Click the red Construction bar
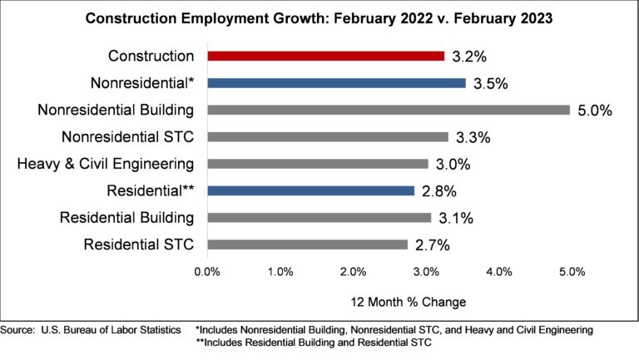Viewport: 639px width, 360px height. [x=325, y=57]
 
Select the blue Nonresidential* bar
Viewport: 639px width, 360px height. [x=336, y=83]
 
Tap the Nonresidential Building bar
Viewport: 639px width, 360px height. [x=388, y=110]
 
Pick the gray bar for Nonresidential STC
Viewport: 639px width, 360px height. [x=327, y=136]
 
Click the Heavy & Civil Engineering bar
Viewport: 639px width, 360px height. [x=317, y=164]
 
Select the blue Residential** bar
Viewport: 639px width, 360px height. [x=310, y=190]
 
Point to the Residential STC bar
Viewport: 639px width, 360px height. [x=307, y=244]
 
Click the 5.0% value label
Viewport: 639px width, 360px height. [x=596, y=111]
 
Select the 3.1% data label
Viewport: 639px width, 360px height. [x=457, y=218]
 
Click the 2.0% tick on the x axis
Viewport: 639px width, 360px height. [x=354, y=272]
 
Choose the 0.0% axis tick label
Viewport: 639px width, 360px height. [x=206, y=272]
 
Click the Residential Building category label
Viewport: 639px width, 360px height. [x=126, y=218]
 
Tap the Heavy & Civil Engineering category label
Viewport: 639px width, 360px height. [x=106, y=164]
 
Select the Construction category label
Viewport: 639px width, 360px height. [x=151, y=57]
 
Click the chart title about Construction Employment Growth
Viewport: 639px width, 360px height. [x=319, y=17]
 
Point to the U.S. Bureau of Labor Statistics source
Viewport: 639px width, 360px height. [x=91, y=330]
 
